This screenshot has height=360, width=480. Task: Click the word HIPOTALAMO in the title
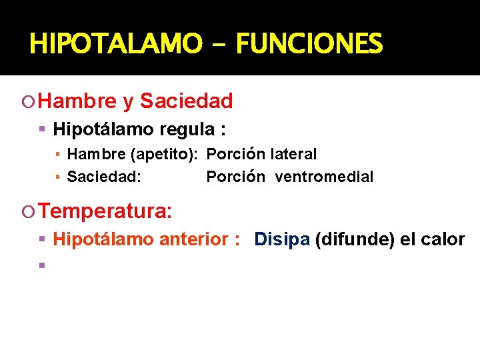pos(115,45)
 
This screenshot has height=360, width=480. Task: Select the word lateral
pos(293,154)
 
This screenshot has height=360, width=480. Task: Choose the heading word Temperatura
pos(105,212)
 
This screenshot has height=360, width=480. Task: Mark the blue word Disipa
pos(282,239)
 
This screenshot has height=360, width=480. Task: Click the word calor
pos(442,239)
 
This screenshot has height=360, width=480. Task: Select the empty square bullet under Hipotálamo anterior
pos(41,265)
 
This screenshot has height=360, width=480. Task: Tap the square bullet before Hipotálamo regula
pos(41,129)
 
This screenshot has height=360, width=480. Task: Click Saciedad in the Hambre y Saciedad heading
pos(187,101)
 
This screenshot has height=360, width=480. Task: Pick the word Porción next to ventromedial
pos(236,177)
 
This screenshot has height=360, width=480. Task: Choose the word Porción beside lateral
pos(236,154)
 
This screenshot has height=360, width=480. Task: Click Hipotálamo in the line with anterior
pos(103,239)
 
